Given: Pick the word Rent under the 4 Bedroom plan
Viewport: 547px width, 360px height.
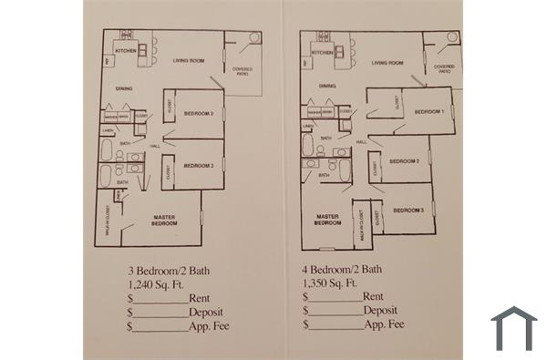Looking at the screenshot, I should click(x=373, y=297).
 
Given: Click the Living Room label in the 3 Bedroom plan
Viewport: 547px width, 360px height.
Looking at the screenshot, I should click(x=187, y=61).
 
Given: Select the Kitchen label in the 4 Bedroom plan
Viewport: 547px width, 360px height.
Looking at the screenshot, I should click(x=323, y=53).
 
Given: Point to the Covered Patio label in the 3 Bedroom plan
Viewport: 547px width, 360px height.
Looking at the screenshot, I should click(x=242, y=71).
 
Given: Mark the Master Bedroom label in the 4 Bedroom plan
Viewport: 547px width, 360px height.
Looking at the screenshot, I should click(x=327, y=220).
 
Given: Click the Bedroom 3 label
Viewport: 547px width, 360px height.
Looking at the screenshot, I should click(x=408, y=211).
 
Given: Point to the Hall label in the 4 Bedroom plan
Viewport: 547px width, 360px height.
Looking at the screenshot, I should click(x=361, y=142).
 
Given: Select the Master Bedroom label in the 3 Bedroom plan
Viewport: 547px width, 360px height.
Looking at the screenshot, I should click(x=164, y=220).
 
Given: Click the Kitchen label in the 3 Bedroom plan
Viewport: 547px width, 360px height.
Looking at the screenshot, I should click(x=126, y=51).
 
